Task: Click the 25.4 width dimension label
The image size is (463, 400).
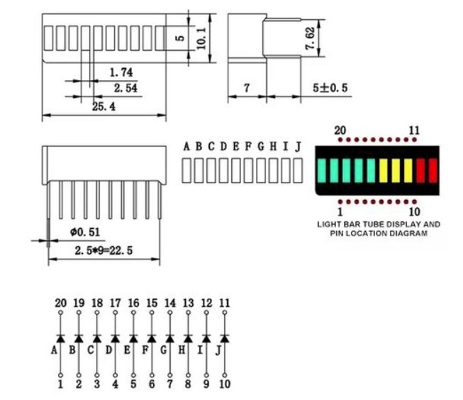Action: pyautogui.click(x=104, y=106)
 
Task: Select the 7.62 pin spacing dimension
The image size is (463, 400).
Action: pyautogui.click(x=310, y=38)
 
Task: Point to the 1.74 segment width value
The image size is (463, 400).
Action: pyautogui.click(x=121, y=72)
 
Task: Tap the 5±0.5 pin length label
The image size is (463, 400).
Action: pyautogui.click(x=330, y=88)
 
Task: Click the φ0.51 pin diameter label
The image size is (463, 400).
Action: pyautogui.click(x=85, y=232)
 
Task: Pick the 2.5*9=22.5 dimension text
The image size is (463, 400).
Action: pyautogui.click(x=104, y=250)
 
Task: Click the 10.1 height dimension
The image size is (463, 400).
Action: pyautogui.click(x=201, y=38)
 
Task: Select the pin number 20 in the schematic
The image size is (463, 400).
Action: pyautogui.click(x=60, y=303)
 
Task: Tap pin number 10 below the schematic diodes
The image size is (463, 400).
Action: pyautogui.click(x=225, y=384)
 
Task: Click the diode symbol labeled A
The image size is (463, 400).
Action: pyautogui.click(x=60, y=338)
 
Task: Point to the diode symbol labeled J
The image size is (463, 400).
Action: pyautogui.click(x=225, y=338)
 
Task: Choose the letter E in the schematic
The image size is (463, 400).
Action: pyautogui.click(x=127, y=350)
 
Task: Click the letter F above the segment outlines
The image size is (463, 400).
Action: pyautogui.click(x=248, y=146)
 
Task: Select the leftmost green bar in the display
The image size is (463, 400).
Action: pyautogui.click(x=321, y=171)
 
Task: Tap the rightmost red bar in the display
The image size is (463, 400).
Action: pyautogui.click(x=433, y=171)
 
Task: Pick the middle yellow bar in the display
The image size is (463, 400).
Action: pyautogui.click(x=396, y=171)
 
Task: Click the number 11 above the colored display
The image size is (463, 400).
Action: pyautogui.click(x=414, y=130)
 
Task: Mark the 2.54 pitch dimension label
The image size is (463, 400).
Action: pyautogui.click(x=125, y=88)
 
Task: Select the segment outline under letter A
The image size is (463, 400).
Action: pyautogui.click(x=186, y=170)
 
